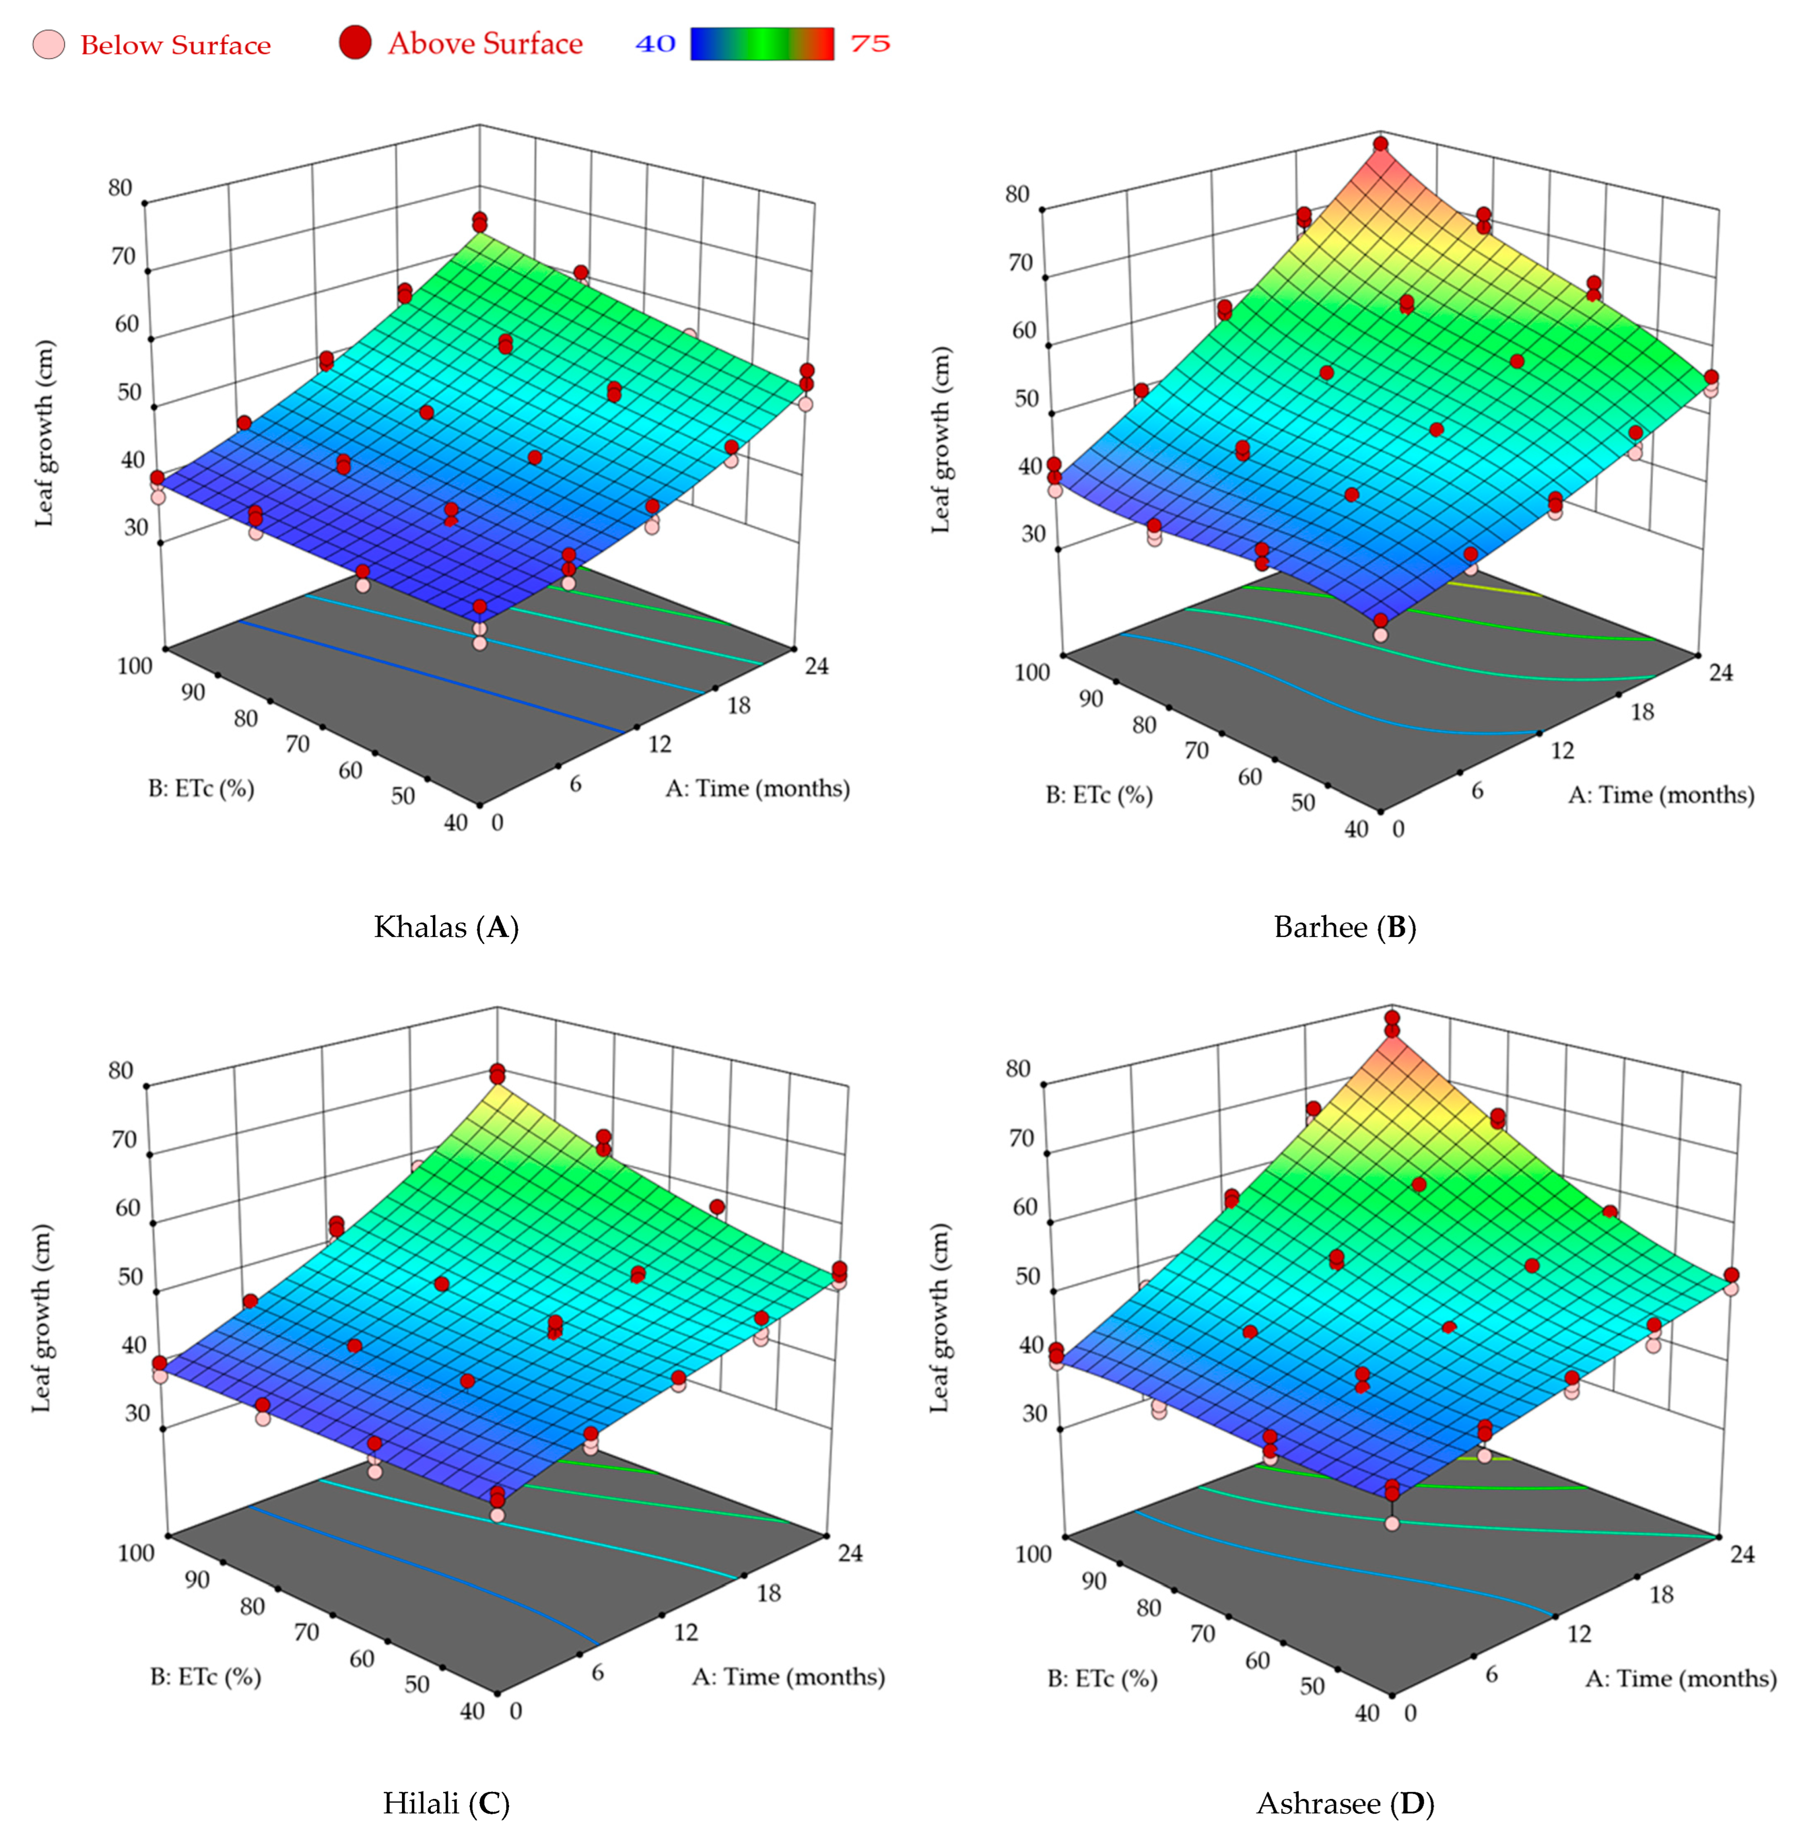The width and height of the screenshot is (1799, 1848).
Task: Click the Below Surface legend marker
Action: (x=48, y=44)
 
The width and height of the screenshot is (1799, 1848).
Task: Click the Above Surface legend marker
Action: (x=355, y=43)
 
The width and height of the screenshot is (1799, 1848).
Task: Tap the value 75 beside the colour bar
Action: (x=869, y=43)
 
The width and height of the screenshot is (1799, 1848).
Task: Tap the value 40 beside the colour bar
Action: (x=655, y=43)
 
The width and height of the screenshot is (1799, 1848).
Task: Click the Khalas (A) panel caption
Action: (x=446, y=927)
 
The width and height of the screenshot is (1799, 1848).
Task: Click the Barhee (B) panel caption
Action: (x=1344, y=927)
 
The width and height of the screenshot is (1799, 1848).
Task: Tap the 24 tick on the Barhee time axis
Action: (x=1721, y=672)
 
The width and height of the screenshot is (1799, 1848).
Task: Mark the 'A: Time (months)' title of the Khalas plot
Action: (x=757, y=788)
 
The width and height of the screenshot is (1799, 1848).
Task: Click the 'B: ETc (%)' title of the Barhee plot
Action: (x=1099, y=795)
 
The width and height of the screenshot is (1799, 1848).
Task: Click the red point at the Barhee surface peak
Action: (x=1381, y=144)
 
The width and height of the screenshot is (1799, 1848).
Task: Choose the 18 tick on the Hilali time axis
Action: (x=769, y=1593)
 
